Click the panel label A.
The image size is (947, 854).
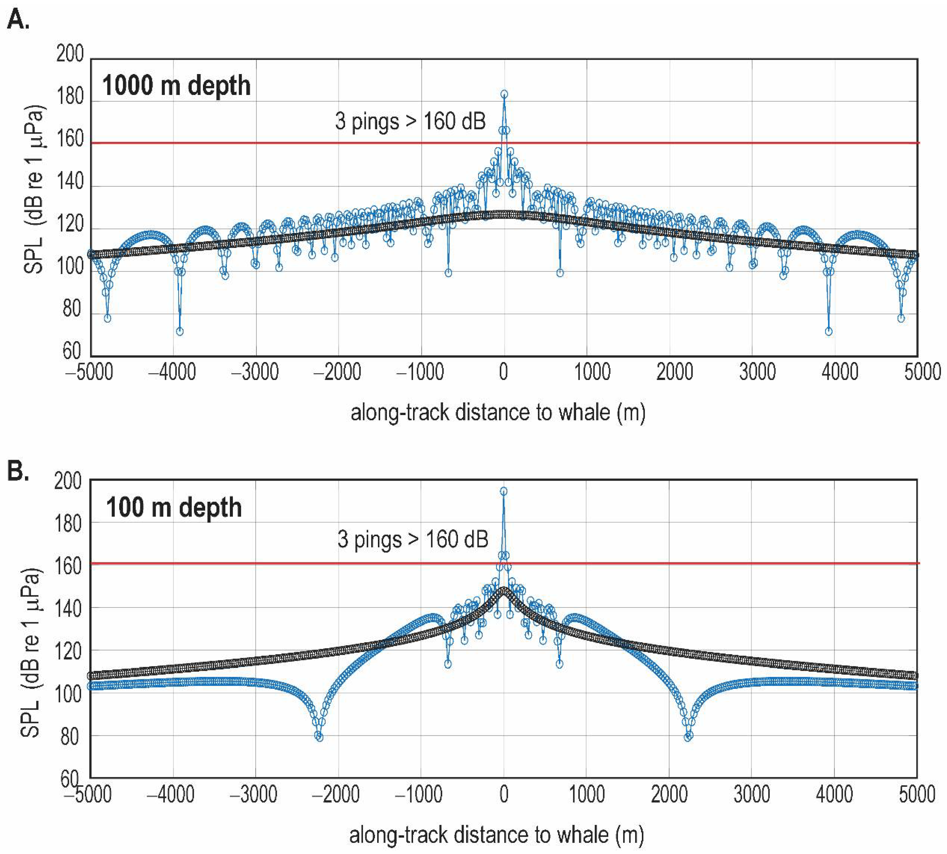[18, 21]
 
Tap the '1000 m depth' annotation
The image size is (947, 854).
[176, 86]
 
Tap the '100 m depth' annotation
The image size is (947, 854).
[174, 508]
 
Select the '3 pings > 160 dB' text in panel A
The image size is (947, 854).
[410, 122]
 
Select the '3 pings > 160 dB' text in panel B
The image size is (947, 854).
[413, 539]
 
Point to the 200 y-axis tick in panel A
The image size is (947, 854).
[69, 54]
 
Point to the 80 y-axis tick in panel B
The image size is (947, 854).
[69, 737]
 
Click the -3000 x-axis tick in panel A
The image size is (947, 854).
[255, 372]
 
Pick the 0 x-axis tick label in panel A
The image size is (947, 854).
[503, 372]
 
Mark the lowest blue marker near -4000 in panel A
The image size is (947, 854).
[179, 331]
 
